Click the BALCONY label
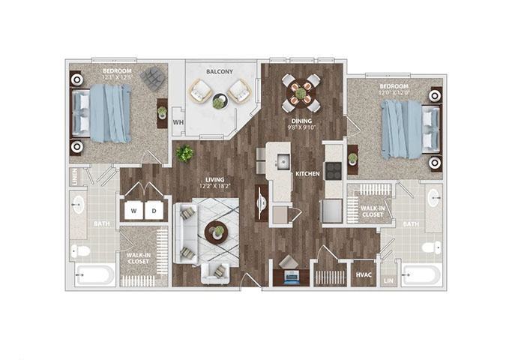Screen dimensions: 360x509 [x=220, y=73]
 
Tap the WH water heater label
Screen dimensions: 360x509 [x=178, y=121]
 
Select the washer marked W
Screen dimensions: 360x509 [x=134, y=211]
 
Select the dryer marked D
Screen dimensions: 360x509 [x=155, y=211]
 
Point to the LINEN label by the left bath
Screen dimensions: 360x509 [x=76, y=177]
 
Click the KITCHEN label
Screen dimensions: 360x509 [x=307, y=174]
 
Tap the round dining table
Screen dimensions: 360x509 [x=301, y=93]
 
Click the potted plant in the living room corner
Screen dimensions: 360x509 [x=184, y=153]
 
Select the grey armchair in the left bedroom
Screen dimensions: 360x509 [x=153, y=78]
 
